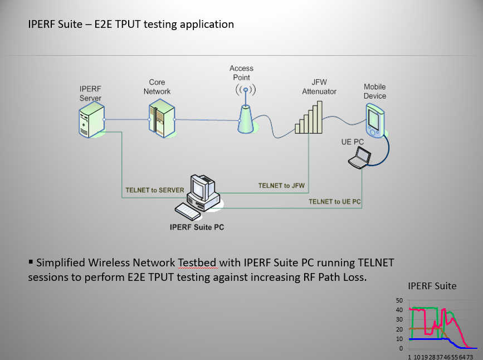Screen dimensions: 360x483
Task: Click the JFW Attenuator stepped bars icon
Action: coord(309,118)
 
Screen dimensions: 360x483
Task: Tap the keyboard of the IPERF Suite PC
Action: coord(187,211)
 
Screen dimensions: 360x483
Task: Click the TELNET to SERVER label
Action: coord(155,190)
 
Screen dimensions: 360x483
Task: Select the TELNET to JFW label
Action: coord(282,186)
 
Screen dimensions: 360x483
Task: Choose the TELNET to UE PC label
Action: coord(335,201)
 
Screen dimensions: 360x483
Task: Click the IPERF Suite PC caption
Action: coord(198,227)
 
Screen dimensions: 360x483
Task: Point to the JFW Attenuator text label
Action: coord(319,87)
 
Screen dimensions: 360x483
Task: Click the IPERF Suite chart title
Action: coord(432,286)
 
